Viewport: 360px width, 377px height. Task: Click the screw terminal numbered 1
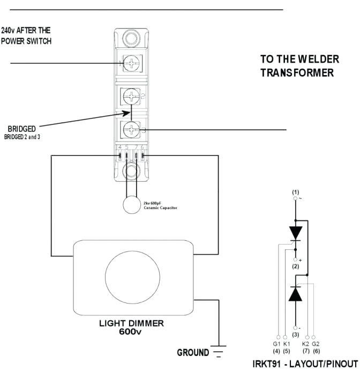(131, 64)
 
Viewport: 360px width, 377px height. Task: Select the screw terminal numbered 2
(131, 97)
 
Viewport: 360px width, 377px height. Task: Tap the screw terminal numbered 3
(131, 129)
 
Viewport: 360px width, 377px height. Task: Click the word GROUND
(193, 352)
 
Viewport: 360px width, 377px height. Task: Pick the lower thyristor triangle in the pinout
(295, 293)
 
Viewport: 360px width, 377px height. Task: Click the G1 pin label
(276, 343)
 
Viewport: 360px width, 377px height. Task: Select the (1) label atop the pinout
(295, 191)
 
